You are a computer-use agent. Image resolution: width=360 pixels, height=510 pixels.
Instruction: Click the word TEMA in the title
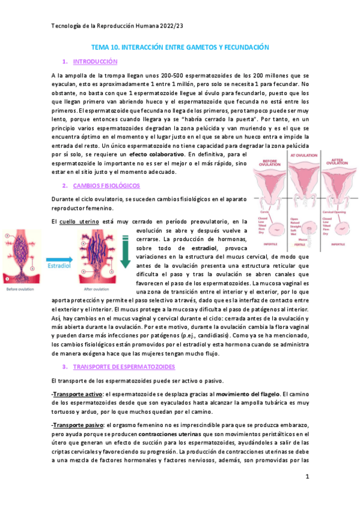coord(99,46)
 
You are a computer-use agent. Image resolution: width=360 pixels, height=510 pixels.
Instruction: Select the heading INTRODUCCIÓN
coord(95,62)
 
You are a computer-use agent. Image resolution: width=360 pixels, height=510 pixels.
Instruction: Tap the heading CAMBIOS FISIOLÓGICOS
coord(106,186)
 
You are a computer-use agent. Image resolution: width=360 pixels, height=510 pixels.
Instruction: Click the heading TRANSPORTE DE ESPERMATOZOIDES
coord(124,366)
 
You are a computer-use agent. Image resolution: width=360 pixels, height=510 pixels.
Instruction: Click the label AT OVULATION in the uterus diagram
coord(304,155)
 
